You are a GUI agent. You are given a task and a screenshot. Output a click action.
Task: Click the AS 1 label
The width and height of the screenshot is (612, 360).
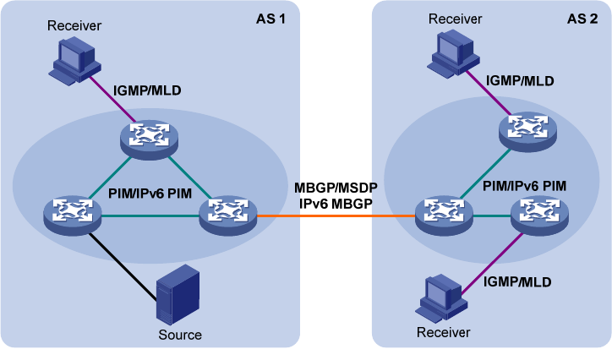pos(271,19)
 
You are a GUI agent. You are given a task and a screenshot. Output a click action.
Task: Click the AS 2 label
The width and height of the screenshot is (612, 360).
pos(580,19)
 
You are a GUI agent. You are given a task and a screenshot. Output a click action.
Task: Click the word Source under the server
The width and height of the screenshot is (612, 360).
pos(180,335)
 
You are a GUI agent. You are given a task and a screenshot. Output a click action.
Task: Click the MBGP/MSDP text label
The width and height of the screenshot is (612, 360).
pos(334,187)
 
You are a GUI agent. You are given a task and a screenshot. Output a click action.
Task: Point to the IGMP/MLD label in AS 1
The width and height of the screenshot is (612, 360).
pos(146,89)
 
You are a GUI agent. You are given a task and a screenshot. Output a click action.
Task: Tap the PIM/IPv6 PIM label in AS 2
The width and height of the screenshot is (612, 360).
pos(524,184)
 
